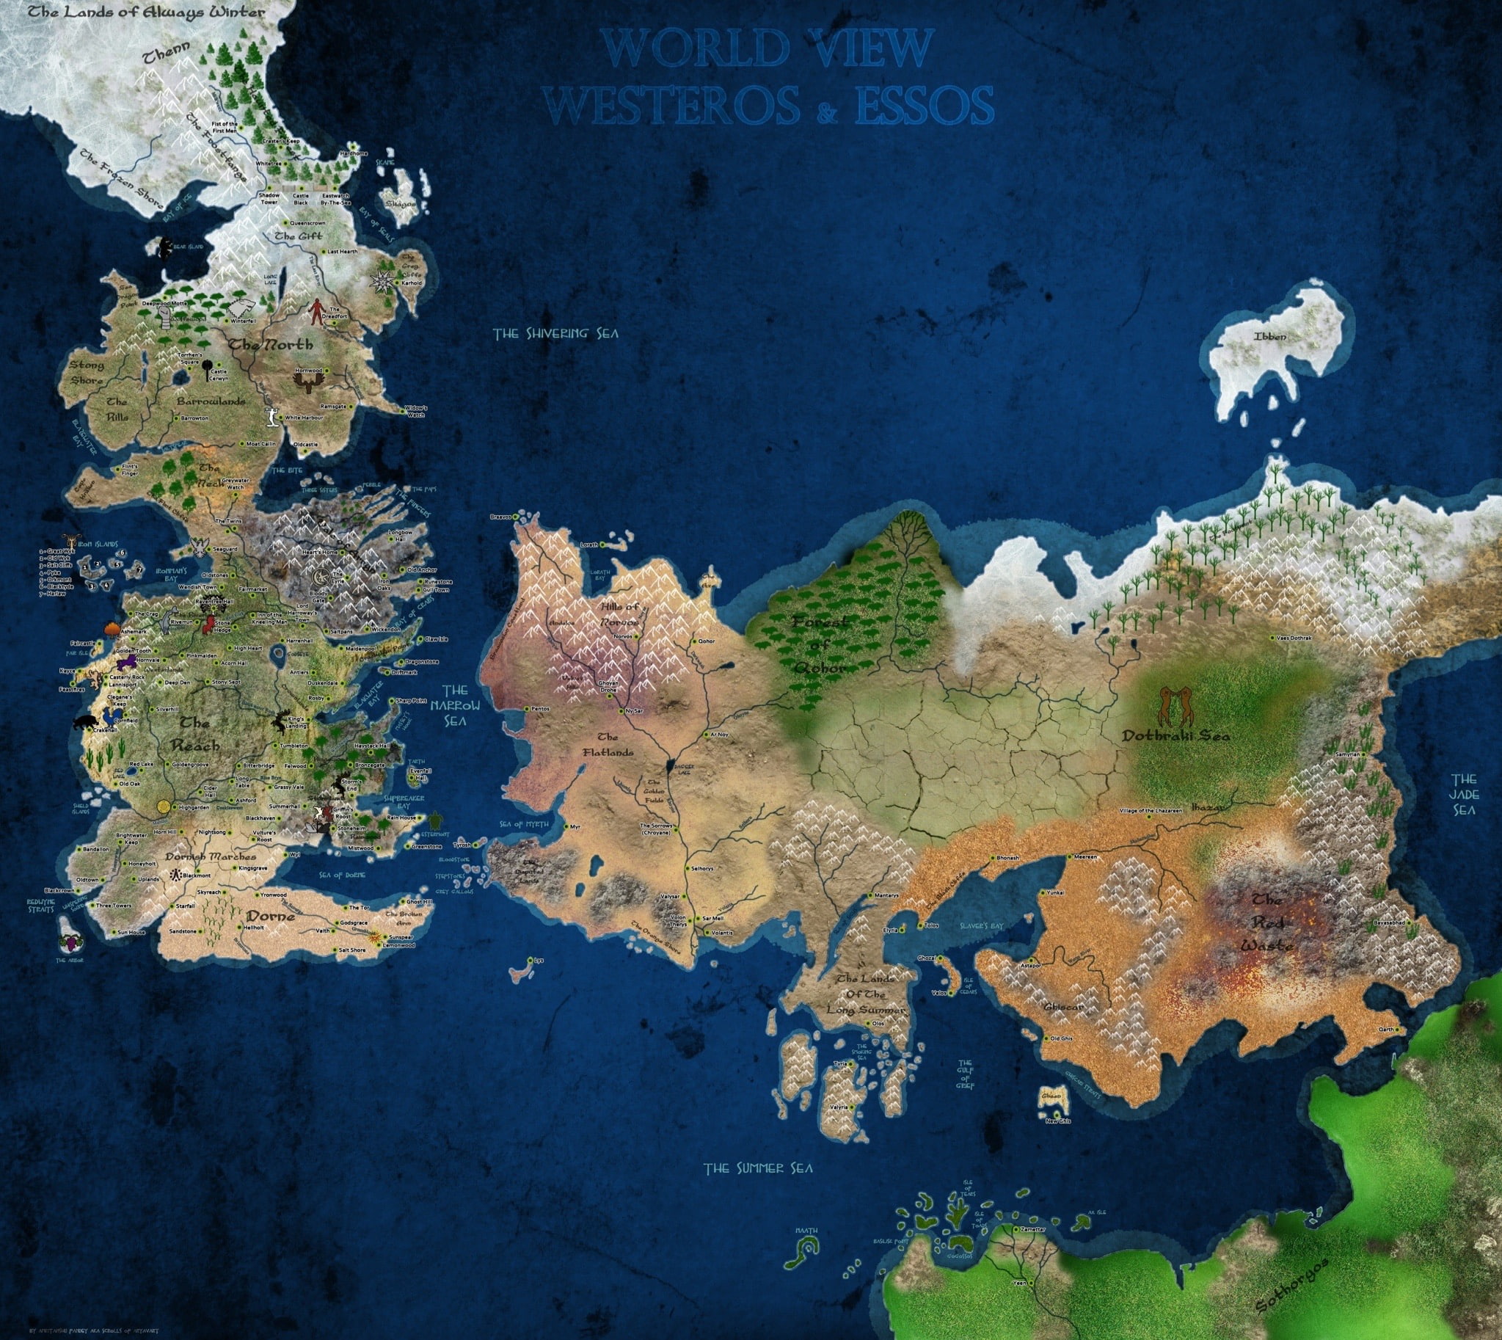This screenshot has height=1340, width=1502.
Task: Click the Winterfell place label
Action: point(243,321)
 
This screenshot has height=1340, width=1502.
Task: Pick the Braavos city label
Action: point(500,517)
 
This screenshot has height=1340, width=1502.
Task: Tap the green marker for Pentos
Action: point(525,708)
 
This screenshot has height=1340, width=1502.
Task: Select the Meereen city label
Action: point(1086,857)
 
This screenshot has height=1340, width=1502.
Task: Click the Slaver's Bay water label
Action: point(983,924)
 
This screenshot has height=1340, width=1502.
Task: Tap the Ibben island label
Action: point(1270,337)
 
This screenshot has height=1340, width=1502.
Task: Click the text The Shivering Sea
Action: point(556,333)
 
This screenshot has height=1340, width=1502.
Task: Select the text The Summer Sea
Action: point(759,1168)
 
